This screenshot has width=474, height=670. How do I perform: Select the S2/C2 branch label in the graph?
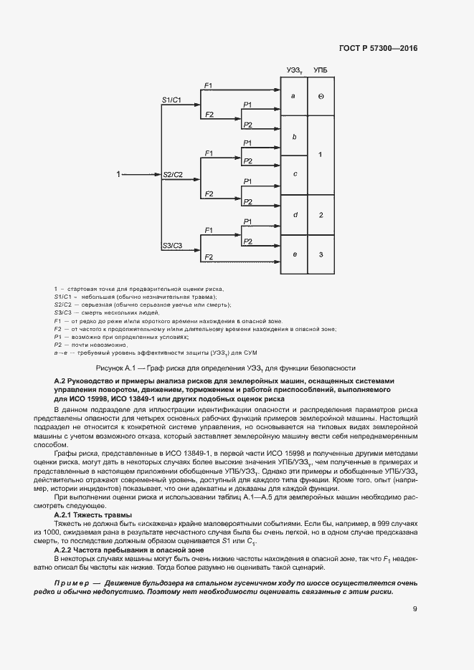pos(172,175)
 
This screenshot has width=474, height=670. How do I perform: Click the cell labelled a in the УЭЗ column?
pos(293,95)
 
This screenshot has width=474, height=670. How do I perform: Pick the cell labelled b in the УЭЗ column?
pos(293,135)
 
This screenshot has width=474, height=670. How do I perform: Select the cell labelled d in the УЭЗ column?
pos(293,215)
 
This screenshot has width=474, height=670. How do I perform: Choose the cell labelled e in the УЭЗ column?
pos(293,254)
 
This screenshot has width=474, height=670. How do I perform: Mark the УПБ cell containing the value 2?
pos(321,215)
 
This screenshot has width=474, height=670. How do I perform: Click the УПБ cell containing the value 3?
pos(321,254)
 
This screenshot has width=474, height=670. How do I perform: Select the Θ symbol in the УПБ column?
pos(321,95)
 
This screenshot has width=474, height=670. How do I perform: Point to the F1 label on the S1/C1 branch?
pos(208,86)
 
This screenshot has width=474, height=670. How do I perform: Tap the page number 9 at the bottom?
pos(414,609)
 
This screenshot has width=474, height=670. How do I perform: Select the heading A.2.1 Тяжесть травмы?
pos(93,515)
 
